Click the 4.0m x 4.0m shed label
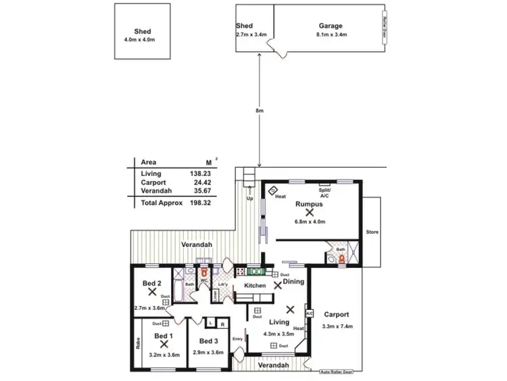[143, 40]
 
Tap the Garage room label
[331, 26]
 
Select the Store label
[372, 232]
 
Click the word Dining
[293, 281]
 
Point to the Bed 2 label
[151, 283]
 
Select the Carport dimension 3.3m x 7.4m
[336, 327]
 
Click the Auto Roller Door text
[337, 371]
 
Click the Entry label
[237, 338]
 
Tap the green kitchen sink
[256, 273]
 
